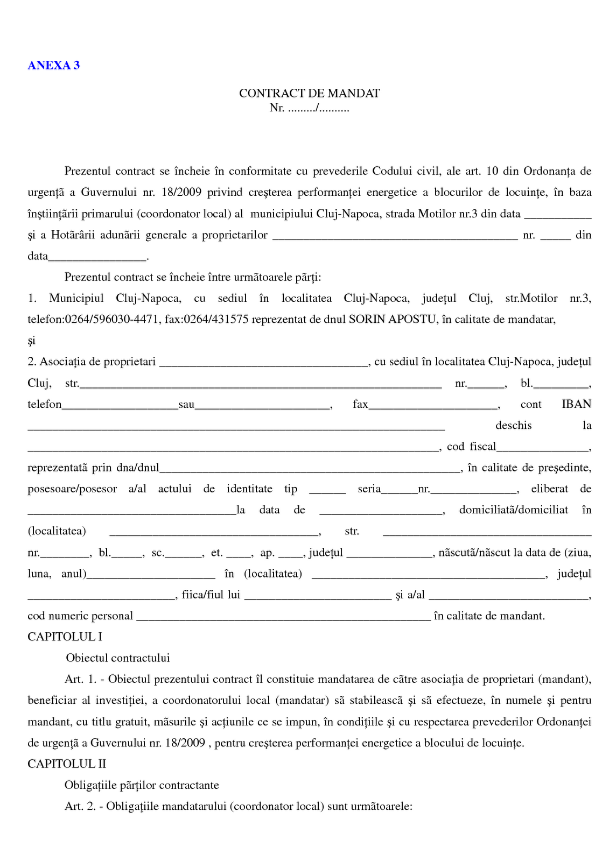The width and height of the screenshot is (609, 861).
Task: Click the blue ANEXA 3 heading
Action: coord(53,66)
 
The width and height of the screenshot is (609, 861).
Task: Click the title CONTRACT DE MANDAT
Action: coord(309,94)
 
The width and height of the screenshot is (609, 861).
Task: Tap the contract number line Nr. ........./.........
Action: coord(309,108)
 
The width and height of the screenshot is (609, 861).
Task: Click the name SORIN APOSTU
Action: coord(392,320)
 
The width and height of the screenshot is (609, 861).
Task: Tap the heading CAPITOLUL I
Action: coord(65,637)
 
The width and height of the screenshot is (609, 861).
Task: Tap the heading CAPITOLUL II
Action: coord(67,764)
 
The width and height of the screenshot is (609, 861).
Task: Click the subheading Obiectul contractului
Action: coord(118,658)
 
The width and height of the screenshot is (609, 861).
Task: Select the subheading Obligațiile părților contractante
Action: coord(142,785)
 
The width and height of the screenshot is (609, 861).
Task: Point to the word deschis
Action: coord(513,426)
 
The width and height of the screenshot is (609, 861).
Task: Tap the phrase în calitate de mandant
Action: coord(489,616)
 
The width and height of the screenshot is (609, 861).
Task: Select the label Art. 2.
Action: coord(80,807)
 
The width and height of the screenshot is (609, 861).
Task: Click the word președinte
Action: coord(564,468)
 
